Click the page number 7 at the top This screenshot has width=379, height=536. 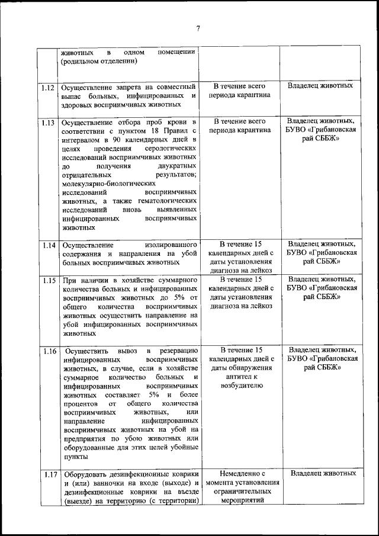pos(198,27)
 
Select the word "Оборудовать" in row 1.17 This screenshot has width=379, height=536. pos(83,474)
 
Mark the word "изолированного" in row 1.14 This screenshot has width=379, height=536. pos(170,245)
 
